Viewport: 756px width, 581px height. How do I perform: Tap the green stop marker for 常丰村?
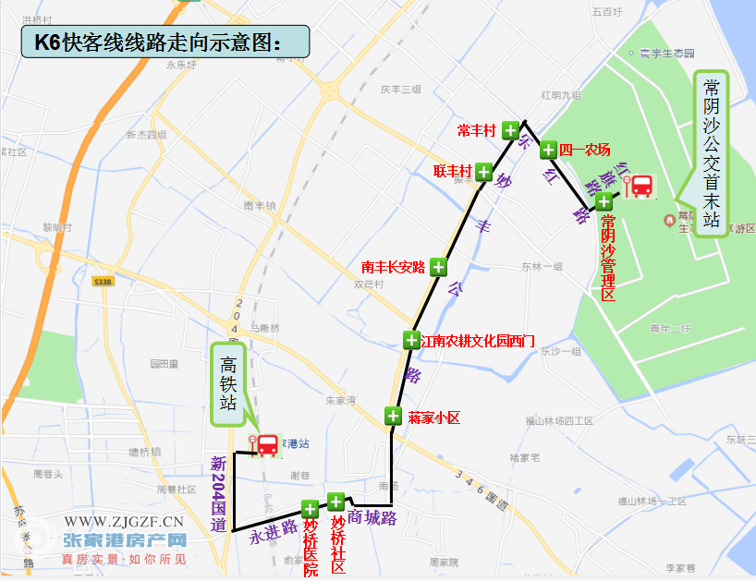point(510,130)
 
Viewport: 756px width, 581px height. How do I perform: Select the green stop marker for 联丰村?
point(483,171)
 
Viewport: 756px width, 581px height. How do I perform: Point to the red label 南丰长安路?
point(394,268)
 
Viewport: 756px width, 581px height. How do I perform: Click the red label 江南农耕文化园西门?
point(478,341)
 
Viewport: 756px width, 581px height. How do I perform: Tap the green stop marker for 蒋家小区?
point(394,416)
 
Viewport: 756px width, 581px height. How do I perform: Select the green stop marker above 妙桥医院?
point(310,509)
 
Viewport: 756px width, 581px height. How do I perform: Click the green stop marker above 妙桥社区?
point(335,502)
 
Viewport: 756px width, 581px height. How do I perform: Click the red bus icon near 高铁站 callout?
point(266,445)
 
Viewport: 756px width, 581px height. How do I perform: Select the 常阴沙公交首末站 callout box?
point(711,152)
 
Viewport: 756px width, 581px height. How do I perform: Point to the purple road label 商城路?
point(373,518)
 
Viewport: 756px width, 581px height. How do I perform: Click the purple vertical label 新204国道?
point(219,494)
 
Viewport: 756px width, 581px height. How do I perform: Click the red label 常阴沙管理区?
point(608,257)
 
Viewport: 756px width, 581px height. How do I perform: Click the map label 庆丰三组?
point(400,90)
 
